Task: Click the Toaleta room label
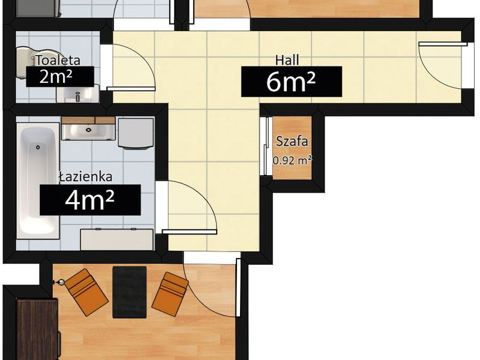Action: [x=58, y=61]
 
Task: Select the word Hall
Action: [x=287, y=60]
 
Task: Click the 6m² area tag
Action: [x=292, y=82]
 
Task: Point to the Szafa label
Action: [x=292, y=142]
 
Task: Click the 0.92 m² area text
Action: [x=292, y=160]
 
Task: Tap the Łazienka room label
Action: [x=86, y=176]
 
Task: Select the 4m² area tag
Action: [x=90, y=200]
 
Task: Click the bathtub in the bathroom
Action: [x=38, y=181]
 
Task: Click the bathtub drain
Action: [x=38, y=147]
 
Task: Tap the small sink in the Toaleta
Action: [x=78, y=94]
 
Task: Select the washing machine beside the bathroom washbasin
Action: [x=136, y=134]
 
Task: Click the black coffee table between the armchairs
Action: [x=130, y=292]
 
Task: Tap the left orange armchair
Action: [x=86, y=292]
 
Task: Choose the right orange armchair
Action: [x=170, y=294]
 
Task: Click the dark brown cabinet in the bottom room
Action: [x=38, y=329]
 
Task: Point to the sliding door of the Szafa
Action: [x=265, y=146]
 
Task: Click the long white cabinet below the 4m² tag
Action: [x=116, y=239]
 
